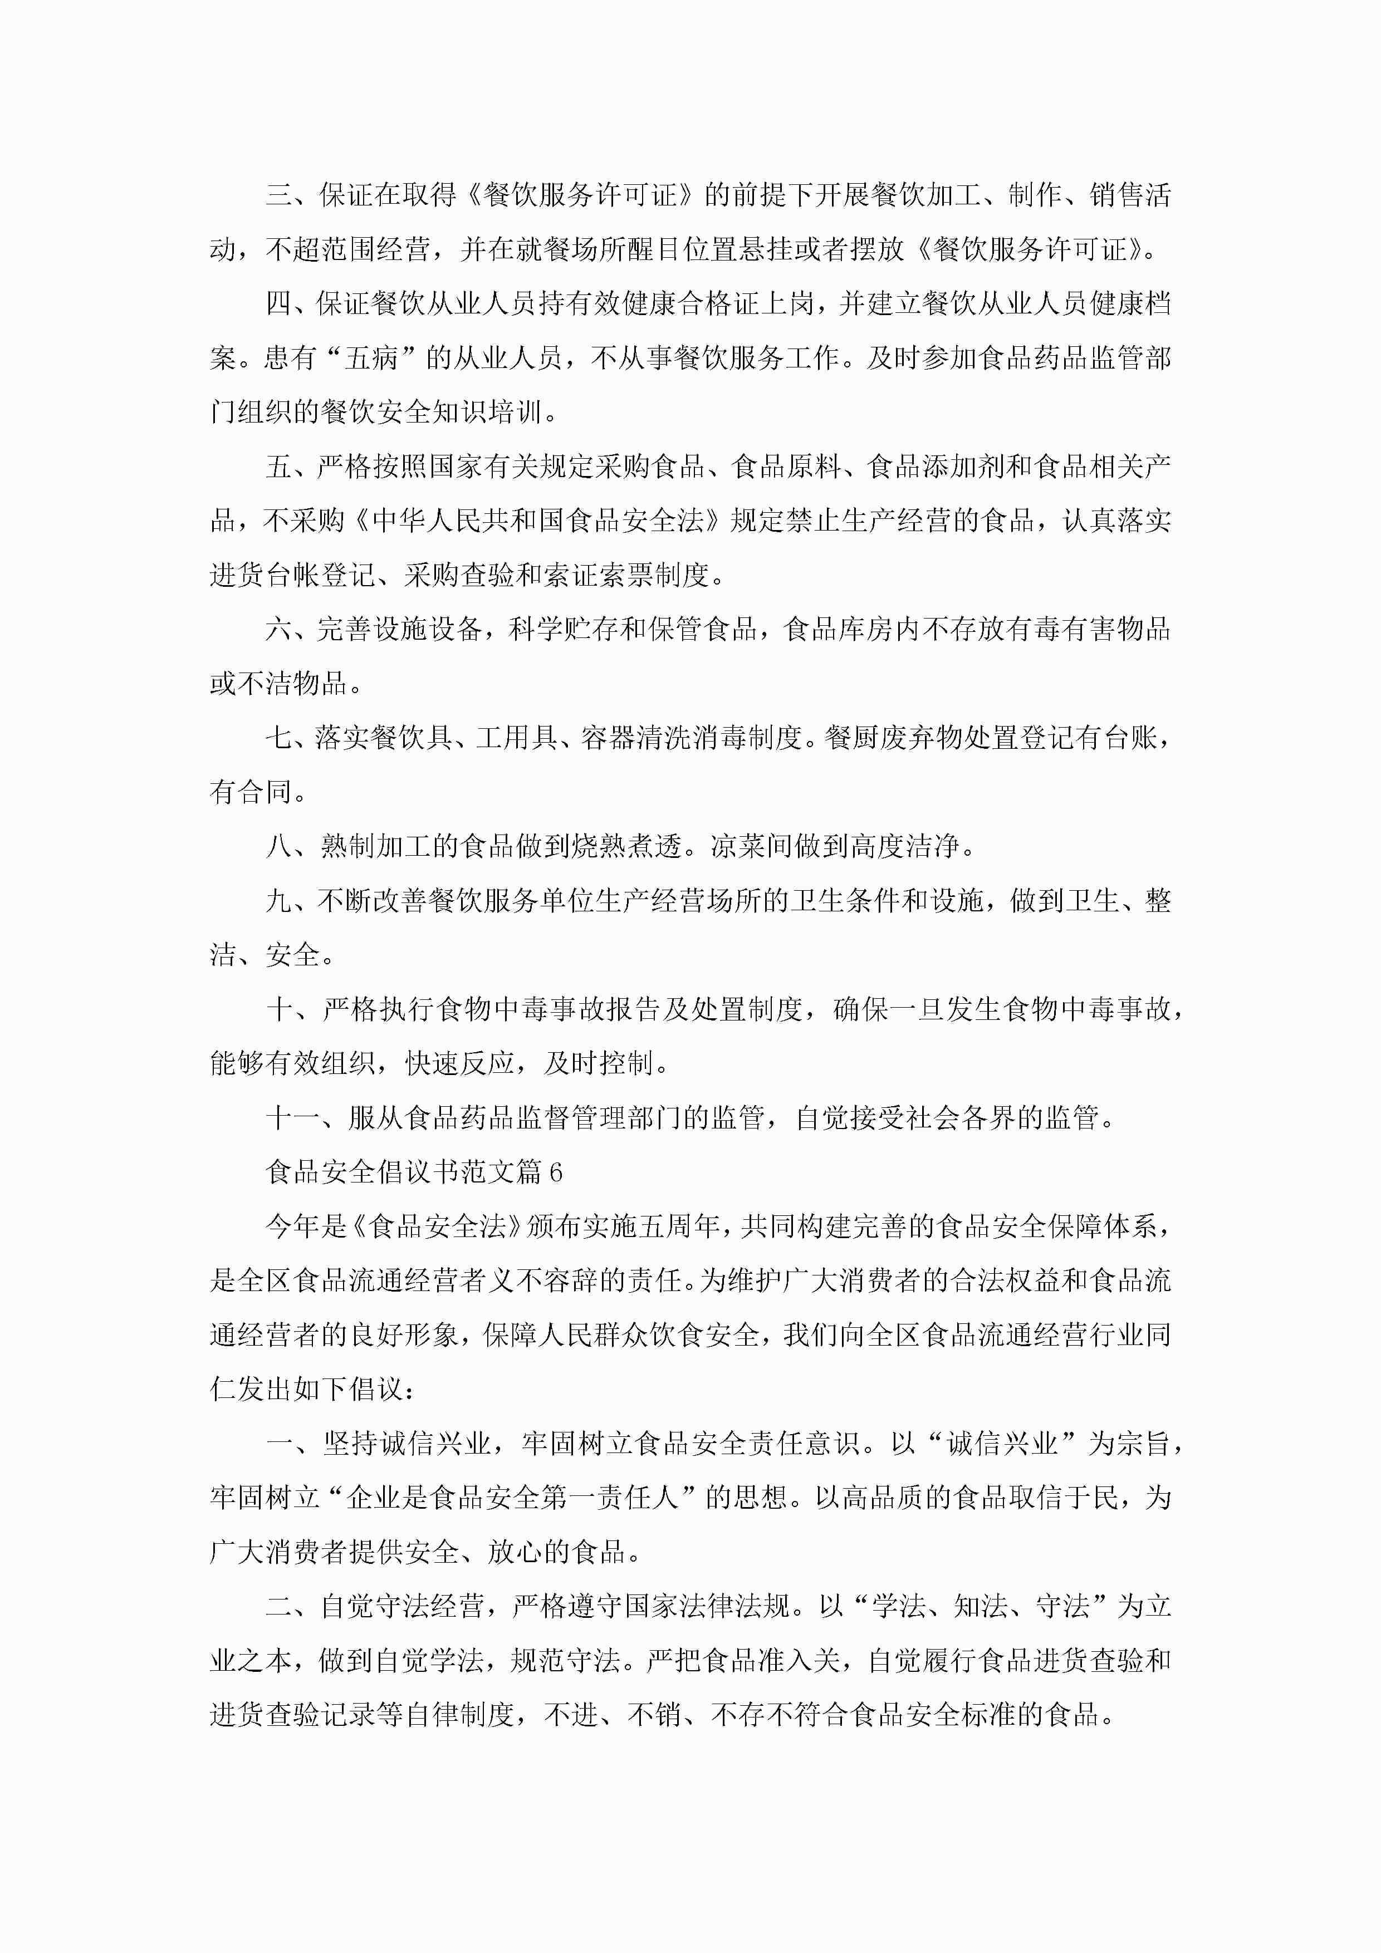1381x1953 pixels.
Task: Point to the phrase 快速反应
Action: tap(459, 1063)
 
